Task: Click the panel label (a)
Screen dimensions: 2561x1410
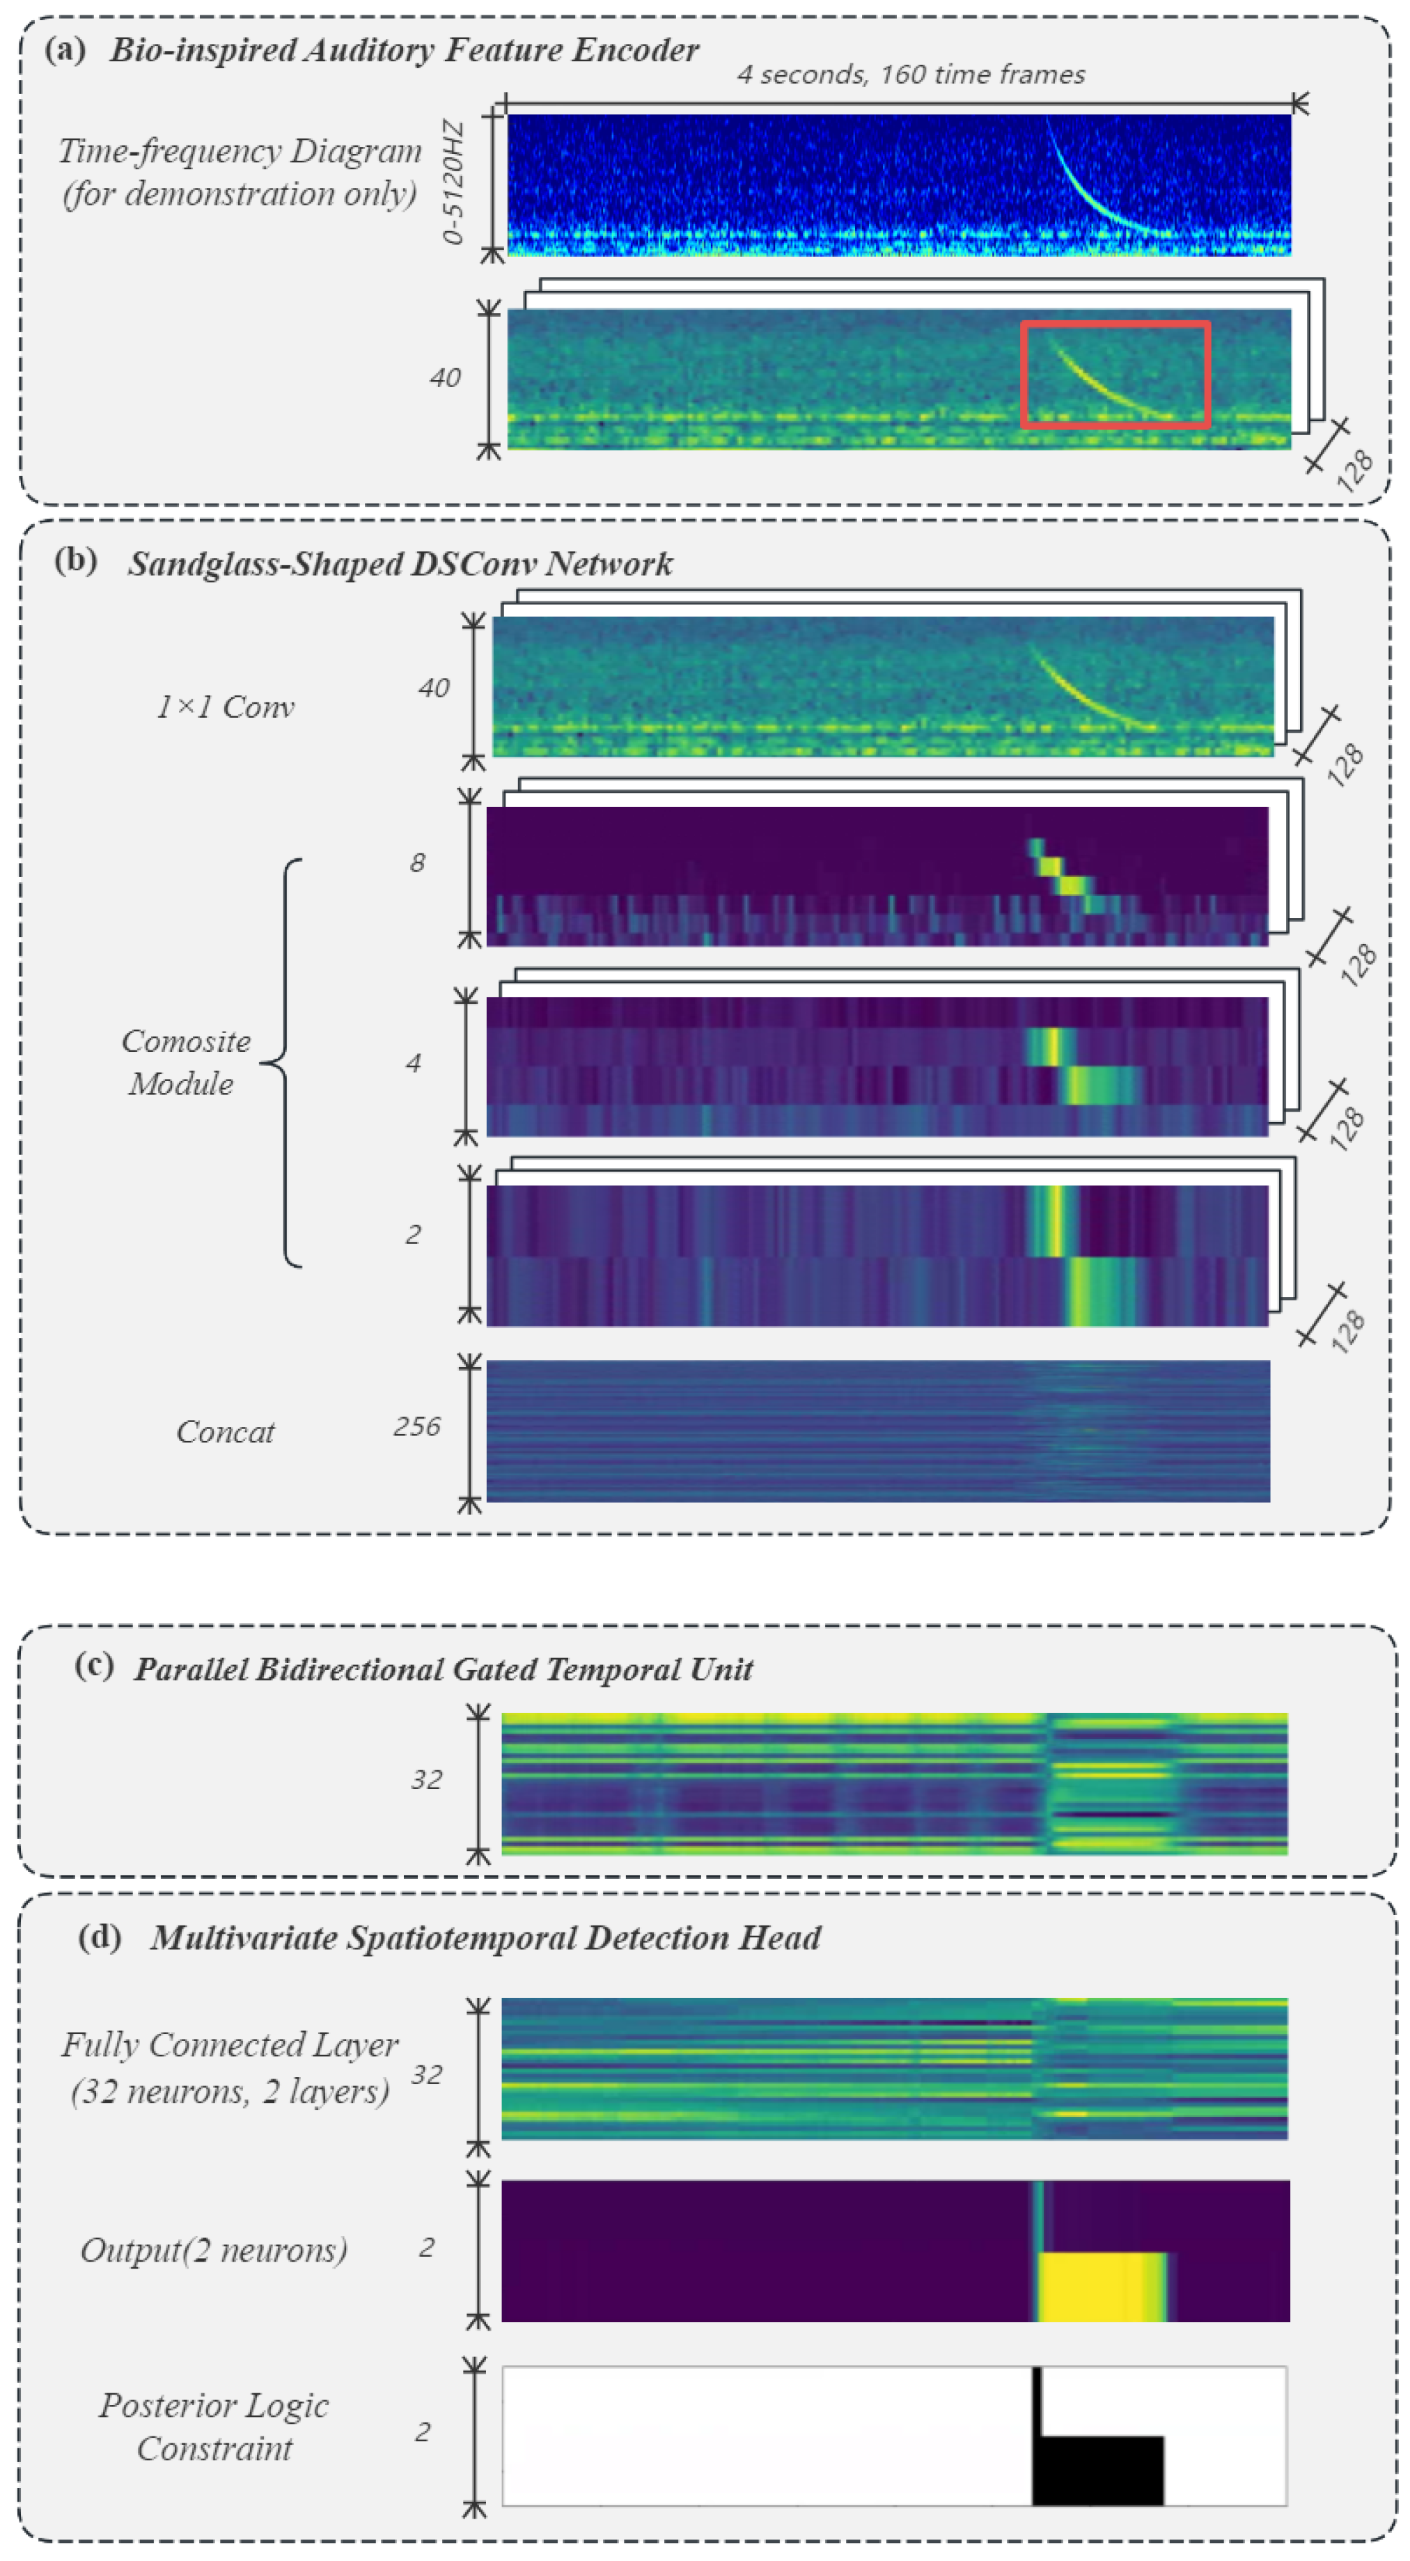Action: (x=65, y=49)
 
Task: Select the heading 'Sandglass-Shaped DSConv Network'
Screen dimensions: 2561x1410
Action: (x=400, y=564)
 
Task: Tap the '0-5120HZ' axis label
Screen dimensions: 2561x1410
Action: (x=453, y=182)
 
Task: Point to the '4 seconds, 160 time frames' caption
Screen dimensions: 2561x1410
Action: (x=911, y=74)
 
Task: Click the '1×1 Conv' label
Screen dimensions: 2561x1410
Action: (x=225, y=707)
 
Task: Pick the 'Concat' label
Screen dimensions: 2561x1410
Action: (x=225, y=1432)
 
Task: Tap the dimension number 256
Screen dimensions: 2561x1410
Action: (x=416, y=1426)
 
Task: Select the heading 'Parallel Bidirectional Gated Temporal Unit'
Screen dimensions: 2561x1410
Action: (x=444, y=1669)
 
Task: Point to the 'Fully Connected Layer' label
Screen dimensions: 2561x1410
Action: (x=230, y=2045)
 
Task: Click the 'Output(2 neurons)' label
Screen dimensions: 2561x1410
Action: (x=214, y=2250)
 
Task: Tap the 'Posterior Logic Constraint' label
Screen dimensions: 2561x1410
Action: (x=214, y=2427)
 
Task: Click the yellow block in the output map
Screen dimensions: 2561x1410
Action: (x=1102, y=2287)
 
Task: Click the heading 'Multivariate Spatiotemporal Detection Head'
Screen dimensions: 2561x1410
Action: (x=485, y=1938)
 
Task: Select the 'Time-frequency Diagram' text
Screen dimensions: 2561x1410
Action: (x=239, y=151)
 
